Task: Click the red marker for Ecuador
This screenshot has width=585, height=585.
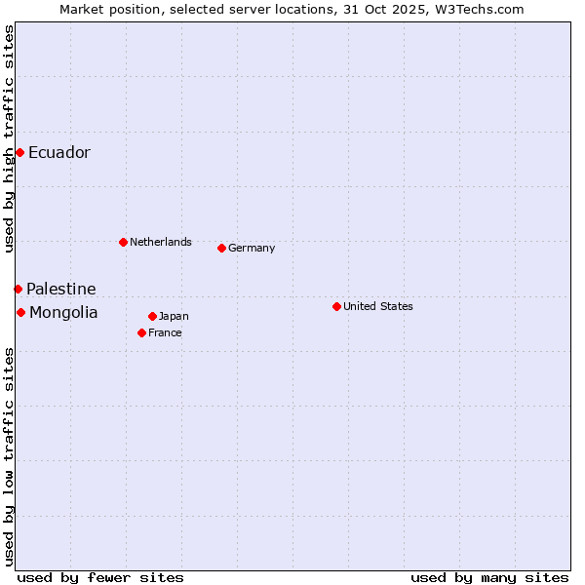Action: click(19, 152)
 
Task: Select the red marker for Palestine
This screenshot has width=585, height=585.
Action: click(18, 289)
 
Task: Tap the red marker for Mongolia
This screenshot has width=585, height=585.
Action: click(20, 312)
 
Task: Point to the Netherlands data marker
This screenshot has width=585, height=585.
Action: click(123, 242)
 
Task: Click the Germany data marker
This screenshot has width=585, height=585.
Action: click(221, 248)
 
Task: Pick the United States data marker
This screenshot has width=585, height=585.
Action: click(336, 306)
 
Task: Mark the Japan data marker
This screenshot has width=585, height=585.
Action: click(152, 316)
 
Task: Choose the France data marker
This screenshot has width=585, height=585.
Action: click(141, 332)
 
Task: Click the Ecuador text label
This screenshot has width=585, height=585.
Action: click(58, 153)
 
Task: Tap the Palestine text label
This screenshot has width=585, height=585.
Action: click(60, 290)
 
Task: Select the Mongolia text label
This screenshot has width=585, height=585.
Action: click(63, 313)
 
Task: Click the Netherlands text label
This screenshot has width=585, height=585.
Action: click(160, 242)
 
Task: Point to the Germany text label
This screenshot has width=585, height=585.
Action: click(252, 249)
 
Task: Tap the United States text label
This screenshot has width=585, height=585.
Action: click(377, 306)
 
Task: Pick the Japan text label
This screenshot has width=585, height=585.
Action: click(174, 317)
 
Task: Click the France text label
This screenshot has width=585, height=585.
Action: click(165, 333)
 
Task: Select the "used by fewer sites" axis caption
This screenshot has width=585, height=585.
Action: click(100, 577)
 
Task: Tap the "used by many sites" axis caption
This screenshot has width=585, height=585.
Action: click(489, 577)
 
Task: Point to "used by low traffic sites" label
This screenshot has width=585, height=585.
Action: click(10, 456)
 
